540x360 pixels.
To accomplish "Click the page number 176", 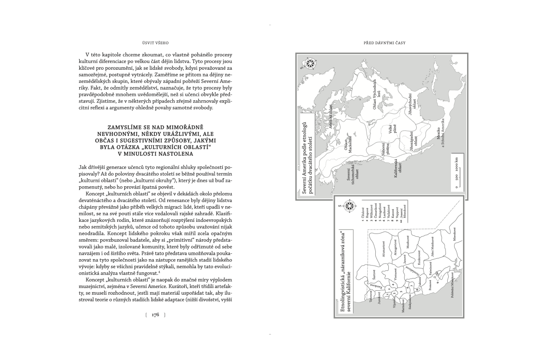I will [x=155, y=315].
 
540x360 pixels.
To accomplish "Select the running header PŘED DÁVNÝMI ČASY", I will [x=385, y=43].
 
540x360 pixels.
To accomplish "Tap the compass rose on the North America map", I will [x=309, y=64].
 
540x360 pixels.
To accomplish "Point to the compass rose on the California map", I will [x=350, y=207].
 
